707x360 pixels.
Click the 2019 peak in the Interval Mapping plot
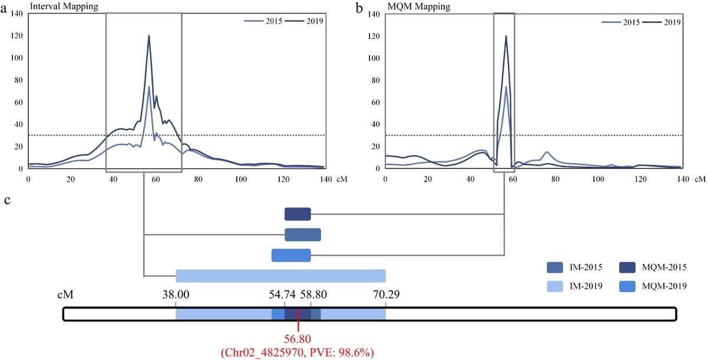click(x=148, y=36)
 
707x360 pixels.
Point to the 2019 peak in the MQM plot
click(x=506, y=37)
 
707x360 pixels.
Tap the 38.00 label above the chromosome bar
click(x=176, y=294)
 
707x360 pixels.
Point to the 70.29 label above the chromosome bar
click(x=385, y=294)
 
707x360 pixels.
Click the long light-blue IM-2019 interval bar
click(x=280, y=276)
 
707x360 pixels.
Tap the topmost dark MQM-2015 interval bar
click(x=298, y=214)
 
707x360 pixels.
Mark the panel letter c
click(x=8, y=200)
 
